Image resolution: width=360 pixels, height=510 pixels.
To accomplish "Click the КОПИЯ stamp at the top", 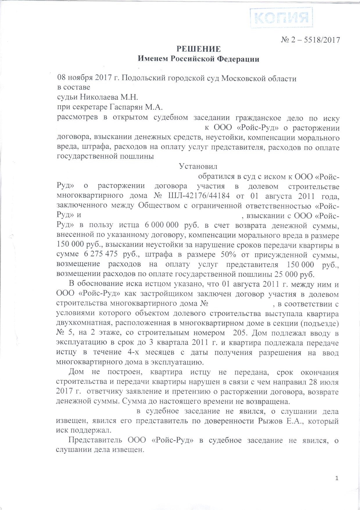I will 281,18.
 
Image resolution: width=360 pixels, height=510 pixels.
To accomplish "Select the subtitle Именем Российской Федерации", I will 198,59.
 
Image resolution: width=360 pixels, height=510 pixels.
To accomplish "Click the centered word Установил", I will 198,167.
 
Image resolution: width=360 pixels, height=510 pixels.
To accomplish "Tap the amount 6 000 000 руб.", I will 166,225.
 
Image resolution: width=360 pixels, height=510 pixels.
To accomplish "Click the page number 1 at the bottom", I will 337,478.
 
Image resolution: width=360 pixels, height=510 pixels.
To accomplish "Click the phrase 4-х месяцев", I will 151,353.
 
